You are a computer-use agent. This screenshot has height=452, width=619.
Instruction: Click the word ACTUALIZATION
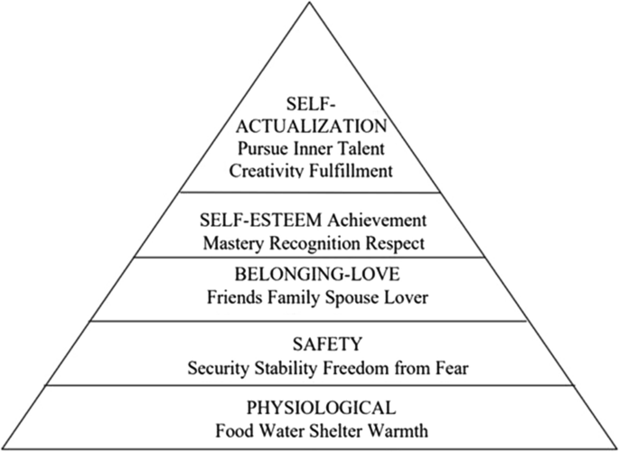pos(309,125)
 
